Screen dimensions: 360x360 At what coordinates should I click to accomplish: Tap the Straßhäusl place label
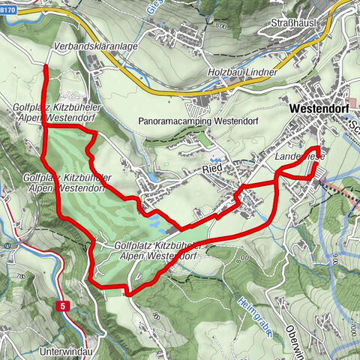(294, 23)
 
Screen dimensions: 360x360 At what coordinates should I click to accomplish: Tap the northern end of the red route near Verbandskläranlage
(46, 67)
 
